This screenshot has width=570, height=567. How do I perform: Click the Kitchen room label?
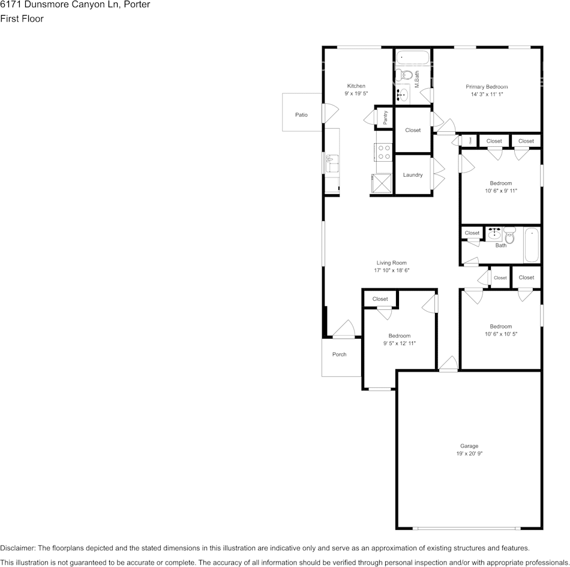click(x=356, y=86)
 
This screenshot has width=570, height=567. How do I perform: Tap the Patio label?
click(x=301, y=114)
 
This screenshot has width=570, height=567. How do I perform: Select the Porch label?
click(x=339, y=354)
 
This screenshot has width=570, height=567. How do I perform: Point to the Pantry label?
click(x=385, y=117)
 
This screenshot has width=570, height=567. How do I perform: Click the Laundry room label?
click(x=413, y=175)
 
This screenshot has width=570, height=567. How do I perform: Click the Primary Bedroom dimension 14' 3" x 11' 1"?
click(x=487, y=95)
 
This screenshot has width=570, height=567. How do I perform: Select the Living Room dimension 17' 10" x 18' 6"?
click(x=391, y=270)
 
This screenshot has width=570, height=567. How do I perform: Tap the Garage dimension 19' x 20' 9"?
click(x=469, y=454)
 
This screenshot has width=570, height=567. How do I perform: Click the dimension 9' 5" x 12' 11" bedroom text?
click(x=400, y=343)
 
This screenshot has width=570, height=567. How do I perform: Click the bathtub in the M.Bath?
click(x=413, y=59)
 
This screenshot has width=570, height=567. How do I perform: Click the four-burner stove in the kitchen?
click(x=384, y=152)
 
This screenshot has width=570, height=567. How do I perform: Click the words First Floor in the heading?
click(x=22, y=19)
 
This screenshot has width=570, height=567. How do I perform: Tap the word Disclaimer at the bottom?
click(x=17, y=548)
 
